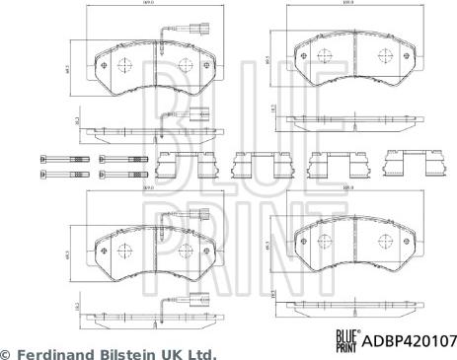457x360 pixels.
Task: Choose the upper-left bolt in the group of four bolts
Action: tap(56, 159)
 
